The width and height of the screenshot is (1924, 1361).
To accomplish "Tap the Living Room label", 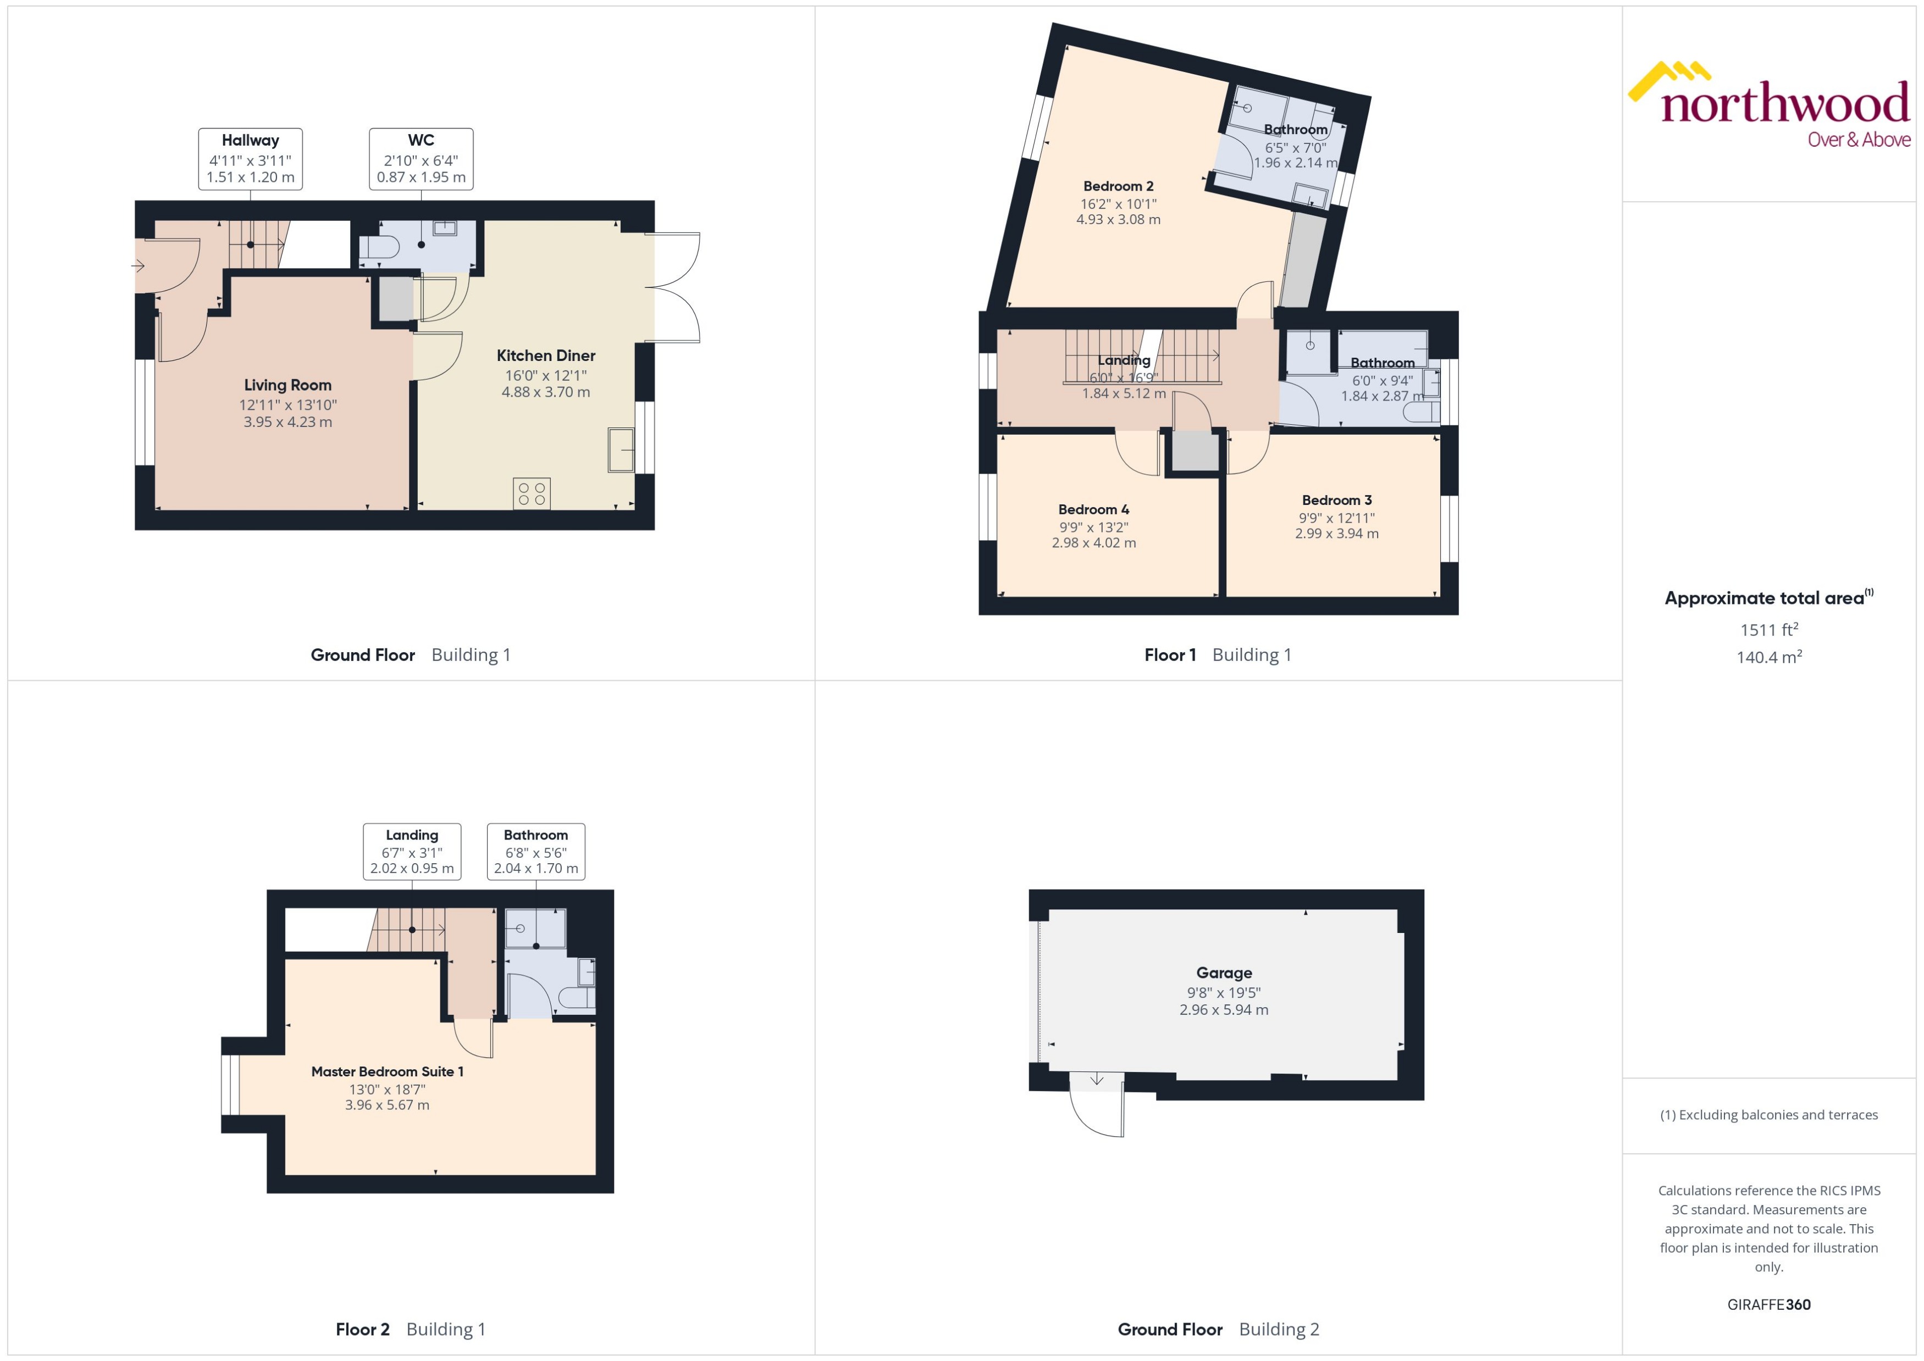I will tap(288, 386).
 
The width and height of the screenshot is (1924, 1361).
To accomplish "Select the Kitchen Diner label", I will tap(546, 356).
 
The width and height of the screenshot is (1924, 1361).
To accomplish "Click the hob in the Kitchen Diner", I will tap(532, 493).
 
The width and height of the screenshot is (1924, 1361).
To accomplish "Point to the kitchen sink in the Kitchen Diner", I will tap(621, 450).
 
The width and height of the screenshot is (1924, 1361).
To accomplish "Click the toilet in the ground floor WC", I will tap(379, 247).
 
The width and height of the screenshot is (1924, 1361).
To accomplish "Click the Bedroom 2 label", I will tap(1118, 186).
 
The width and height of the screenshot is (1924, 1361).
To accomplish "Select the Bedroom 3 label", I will tap(1336, 501).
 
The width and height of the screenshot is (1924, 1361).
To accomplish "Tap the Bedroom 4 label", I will tap(1093, 509).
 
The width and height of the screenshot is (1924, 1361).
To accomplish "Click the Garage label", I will tap(1224, 973).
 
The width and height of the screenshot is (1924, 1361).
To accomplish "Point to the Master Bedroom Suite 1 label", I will tap(386, 1072).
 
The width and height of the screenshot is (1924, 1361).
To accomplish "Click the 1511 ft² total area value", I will tap(1768, 629).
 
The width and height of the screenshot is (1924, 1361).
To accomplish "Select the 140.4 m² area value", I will tap(1768, 657).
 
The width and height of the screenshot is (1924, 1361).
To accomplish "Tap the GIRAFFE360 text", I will tap(1768, 1305).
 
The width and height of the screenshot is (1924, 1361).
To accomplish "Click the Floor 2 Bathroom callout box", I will tap(536, 852).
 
